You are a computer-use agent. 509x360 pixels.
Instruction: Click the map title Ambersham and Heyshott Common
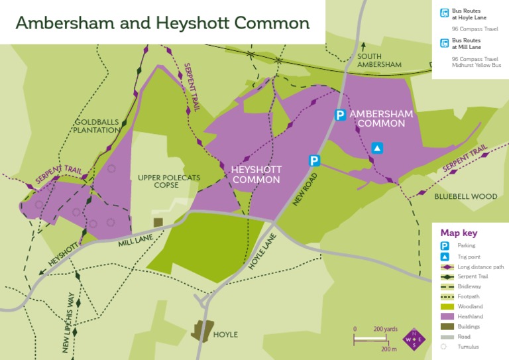(x=162, y=23)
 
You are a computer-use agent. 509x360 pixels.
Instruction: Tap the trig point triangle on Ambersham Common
(x=377, y=148)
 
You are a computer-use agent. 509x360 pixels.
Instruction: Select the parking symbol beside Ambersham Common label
(x=340, y=115)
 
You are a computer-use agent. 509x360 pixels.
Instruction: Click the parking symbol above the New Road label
(x=314, y=160)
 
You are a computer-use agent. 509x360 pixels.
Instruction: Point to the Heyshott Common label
(x=256, y=174)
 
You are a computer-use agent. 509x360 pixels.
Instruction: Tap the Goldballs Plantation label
(x=98, y=126)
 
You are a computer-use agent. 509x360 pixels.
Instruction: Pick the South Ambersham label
(x=380, y=60)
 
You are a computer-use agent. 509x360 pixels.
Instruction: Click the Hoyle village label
(x=225, y=335)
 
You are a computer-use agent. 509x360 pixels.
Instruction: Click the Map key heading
(x=459, y=233)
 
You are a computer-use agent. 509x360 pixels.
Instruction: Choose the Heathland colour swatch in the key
(x=445, y=317)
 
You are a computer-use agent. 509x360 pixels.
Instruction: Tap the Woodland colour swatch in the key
(x=445, y=307)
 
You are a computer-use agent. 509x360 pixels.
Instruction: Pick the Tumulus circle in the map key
(x=445, y=347)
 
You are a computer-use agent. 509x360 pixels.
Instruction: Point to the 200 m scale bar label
(x=390, y=349)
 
